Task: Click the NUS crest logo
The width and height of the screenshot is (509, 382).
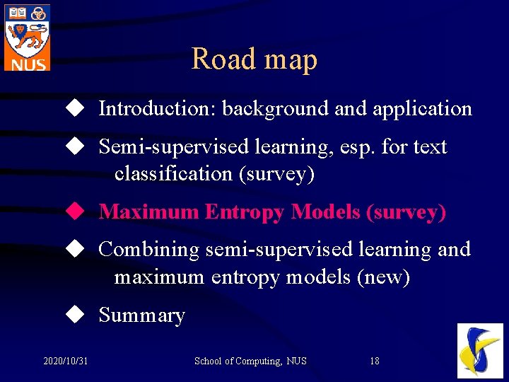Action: [x=27, y=36]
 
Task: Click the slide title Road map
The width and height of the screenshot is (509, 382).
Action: [x=254, y=59]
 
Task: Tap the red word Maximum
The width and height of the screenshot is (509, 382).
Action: [x=148, y=212]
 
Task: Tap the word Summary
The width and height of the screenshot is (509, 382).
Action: [x=141, y=316]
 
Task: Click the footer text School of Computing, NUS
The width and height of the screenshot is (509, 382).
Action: [x=250, y=361]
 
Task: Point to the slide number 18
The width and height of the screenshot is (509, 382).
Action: [x=375, y=361]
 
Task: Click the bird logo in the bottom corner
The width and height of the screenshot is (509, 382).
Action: [x=480, y=350]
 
